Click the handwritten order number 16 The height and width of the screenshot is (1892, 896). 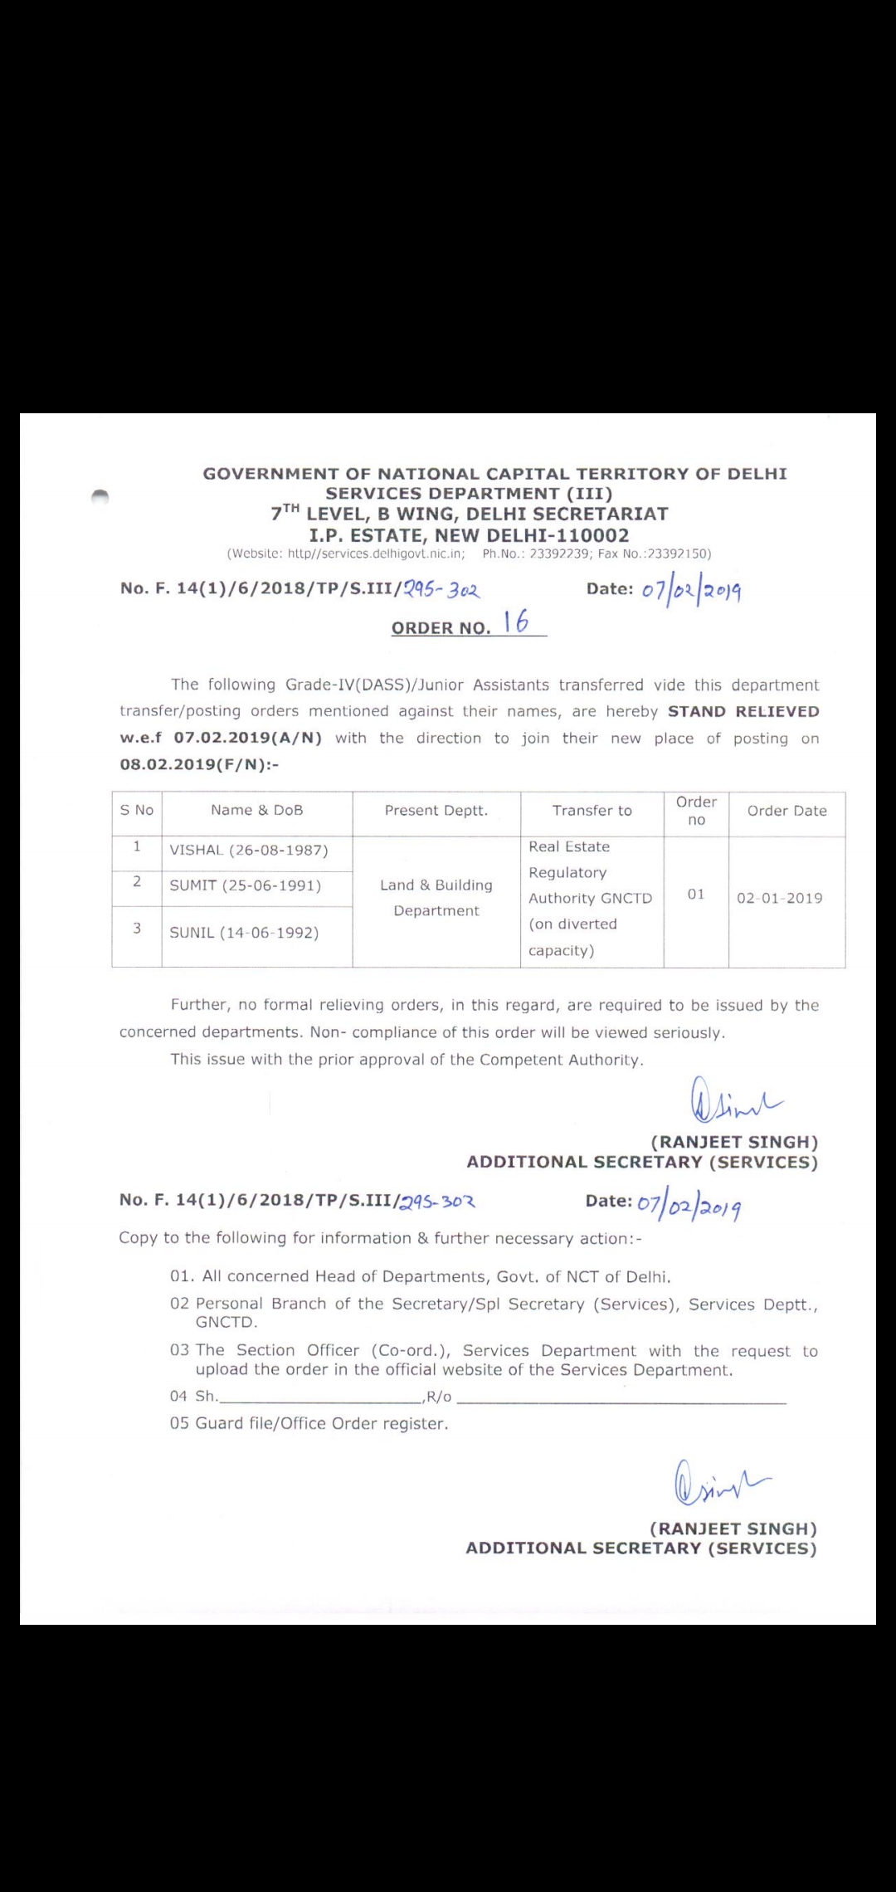516,622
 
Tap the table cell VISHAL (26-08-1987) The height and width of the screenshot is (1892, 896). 249,851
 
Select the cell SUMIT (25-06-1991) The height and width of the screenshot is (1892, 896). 246,885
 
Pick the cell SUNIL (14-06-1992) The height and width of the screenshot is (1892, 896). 244,933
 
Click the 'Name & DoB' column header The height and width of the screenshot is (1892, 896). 257,810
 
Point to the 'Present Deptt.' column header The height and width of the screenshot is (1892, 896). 436,811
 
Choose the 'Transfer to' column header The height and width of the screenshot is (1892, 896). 592,811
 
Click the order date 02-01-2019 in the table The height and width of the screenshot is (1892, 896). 780,898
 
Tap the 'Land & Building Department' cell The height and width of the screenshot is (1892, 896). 436,898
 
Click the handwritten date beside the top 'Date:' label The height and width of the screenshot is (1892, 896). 691,590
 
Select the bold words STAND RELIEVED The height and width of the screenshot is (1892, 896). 743,711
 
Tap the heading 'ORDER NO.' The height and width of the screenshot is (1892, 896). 441,628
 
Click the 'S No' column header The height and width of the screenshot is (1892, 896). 137,810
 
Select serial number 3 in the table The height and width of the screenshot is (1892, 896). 137,928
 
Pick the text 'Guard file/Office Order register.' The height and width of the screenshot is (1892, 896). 322,1423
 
